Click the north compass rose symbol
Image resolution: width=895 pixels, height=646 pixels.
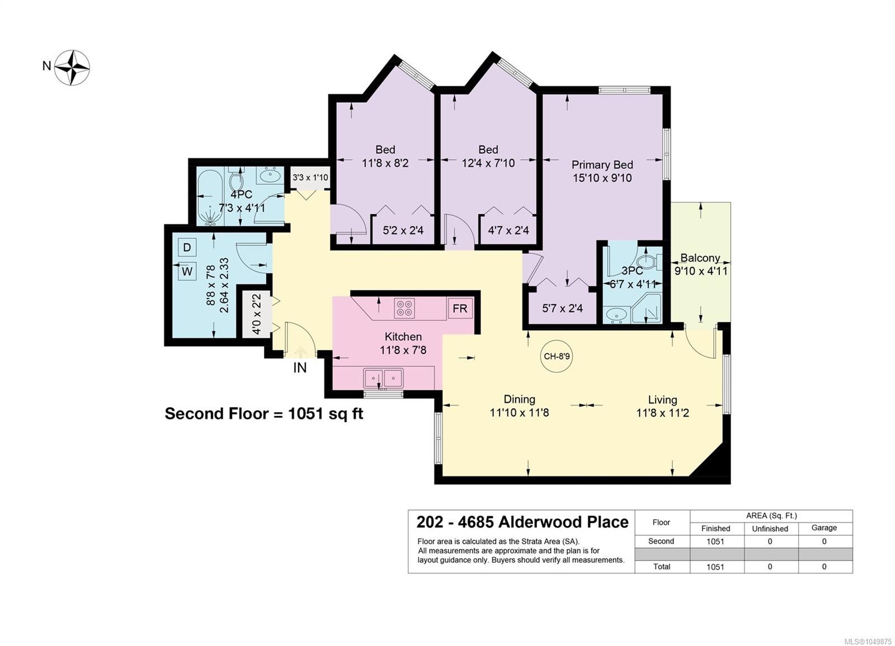[x=72, y=67]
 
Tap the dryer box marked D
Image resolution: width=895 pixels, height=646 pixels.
[x=187, y=247]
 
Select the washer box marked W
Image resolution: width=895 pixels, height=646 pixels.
[x=187, y=272]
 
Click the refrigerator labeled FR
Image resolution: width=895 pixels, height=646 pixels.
[x=460, y=308]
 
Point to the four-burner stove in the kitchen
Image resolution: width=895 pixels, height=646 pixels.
[x=404, y=308]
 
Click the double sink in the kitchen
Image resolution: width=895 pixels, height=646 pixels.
[x=383, y=378]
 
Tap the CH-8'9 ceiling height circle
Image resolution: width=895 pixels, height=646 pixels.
[x=557, y=356]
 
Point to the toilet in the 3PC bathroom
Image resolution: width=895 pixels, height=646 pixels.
[x=651, y=262]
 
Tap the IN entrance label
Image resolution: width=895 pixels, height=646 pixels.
[x=300, y=368]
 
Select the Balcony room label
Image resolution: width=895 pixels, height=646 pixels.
[x=700, y=258]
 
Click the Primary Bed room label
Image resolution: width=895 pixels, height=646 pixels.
[x=602, y=164]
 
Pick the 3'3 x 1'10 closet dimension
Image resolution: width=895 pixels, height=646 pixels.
[x=310, y=177]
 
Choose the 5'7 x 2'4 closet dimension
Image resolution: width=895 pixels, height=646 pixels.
[x=562, y=308]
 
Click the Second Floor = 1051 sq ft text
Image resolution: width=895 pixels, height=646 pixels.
[x=264, y=414]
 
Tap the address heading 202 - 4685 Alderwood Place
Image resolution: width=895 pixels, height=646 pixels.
[x=522, y=522]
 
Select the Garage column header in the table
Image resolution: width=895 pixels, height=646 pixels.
[x=824, y=528]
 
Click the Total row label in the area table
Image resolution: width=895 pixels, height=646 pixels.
[x=662, y=567]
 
